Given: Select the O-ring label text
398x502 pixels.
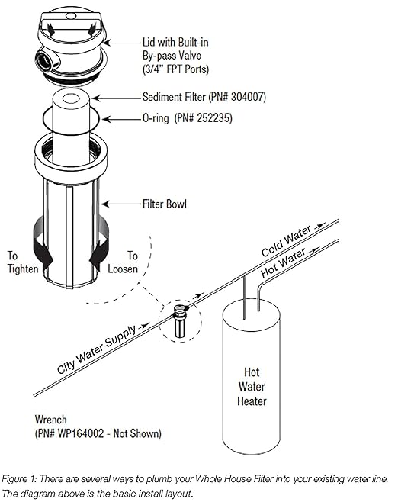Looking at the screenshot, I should click(158, 119).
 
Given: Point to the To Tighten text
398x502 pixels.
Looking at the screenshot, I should click(23, 263).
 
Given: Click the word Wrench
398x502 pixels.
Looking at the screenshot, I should click(52, 420).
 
